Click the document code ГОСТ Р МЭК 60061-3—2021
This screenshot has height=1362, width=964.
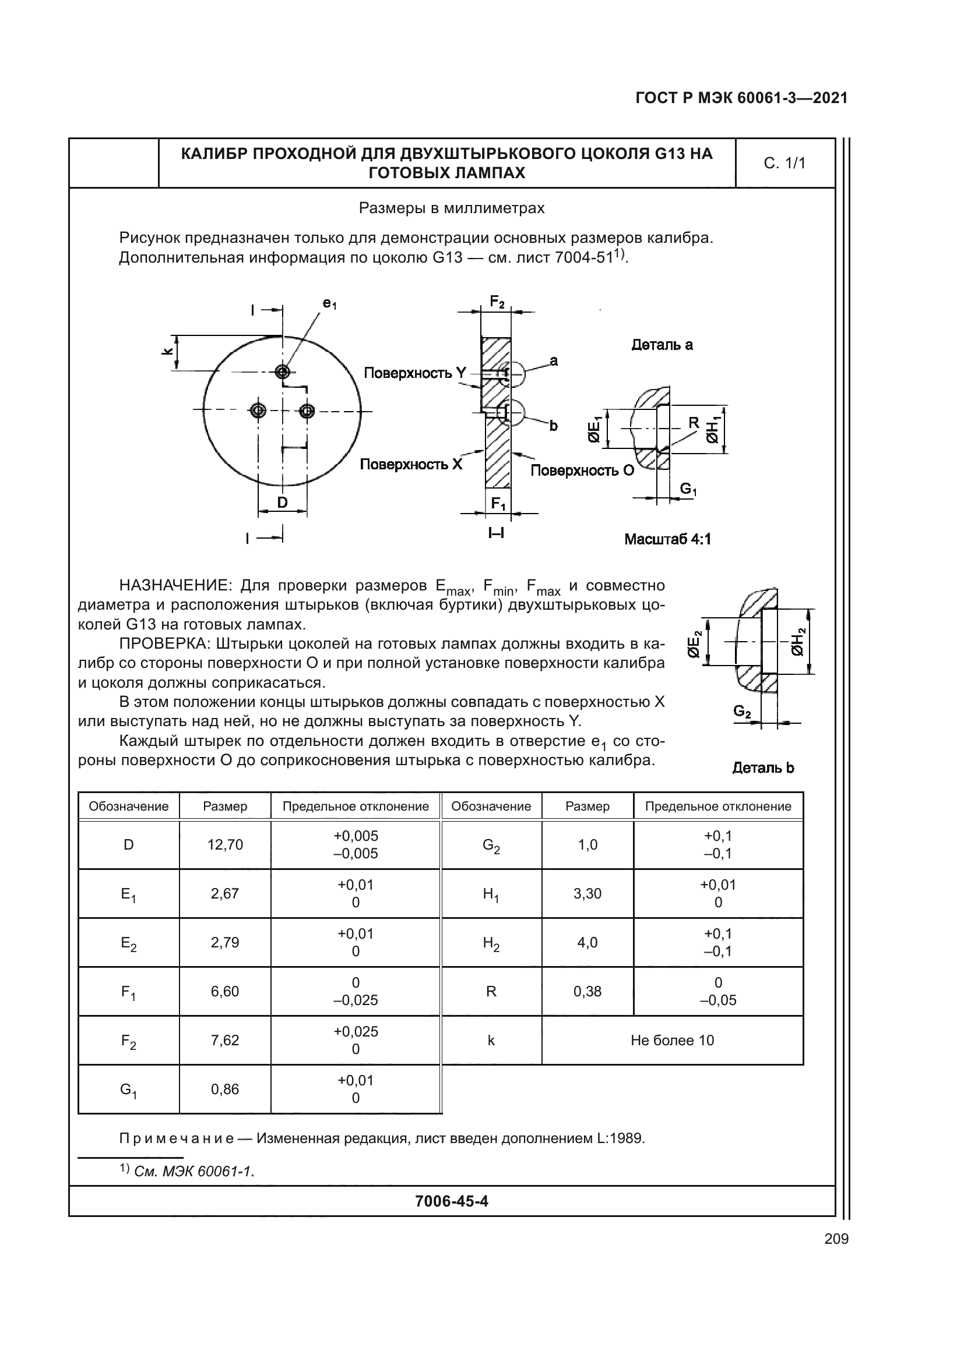(741, 98)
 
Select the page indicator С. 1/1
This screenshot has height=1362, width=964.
(784, 164)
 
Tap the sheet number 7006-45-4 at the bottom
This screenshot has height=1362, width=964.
(452, 1201)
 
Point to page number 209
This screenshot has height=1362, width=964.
(836, 1239)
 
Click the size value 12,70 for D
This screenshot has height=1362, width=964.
(225, 845)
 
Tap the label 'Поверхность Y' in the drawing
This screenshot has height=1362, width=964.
(415, 373)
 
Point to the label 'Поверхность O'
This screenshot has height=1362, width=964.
(582, 470)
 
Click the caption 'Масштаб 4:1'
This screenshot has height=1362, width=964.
(667, 539)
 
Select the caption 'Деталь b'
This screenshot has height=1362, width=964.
(763, 768)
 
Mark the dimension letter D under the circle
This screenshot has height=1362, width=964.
(283, 503)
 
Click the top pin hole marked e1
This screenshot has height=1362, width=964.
(283, 372)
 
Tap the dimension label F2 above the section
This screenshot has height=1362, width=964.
(497, 303)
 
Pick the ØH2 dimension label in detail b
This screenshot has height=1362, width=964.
(800, 641)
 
